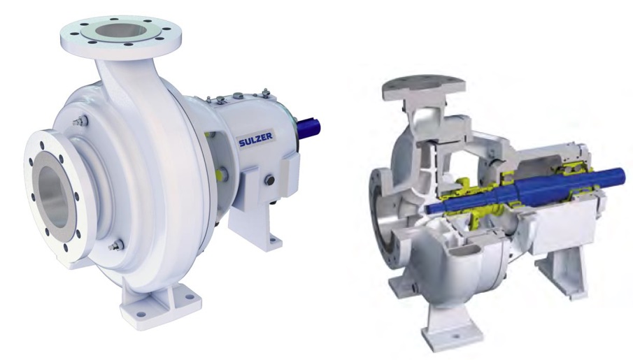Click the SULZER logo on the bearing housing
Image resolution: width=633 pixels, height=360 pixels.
[255, 140]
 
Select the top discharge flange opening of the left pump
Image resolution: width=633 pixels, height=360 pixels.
[121, 31]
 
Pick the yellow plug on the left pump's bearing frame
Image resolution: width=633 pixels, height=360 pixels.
[220, 174]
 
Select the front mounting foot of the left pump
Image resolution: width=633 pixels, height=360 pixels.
[159, 301]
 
